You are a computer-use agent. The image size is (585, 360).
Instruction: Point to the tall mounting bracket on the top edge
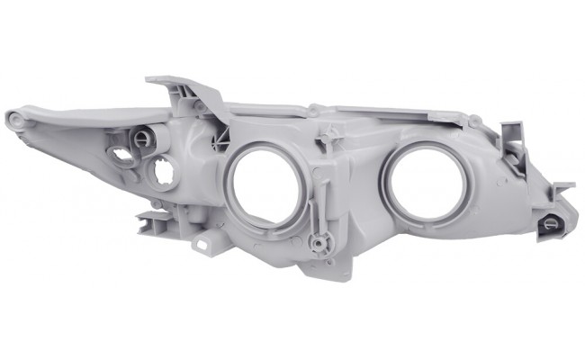(184, 90)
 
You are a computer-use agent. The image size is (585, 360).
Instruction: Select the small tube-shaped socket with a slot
(140, 137)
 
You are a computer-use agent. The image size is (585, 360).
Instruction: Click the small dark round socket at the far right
(548, 225)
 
